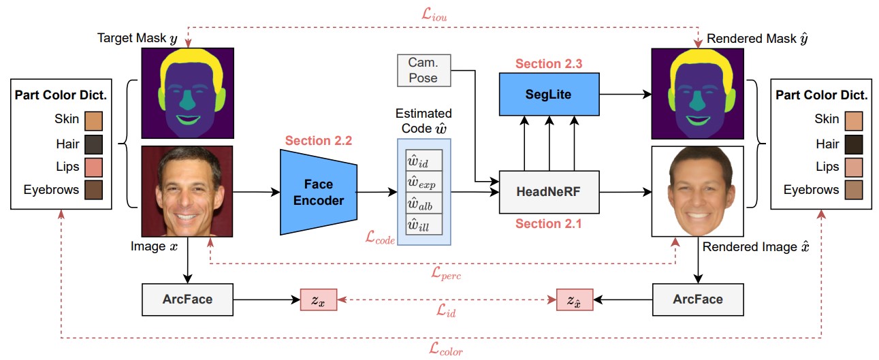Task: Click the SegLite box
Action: coord(549,94)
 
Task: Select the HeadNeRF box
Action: coord(549,192)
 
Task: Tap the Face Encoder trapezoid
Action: coord(318,192)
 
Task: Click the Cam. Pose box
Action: coord(423,70)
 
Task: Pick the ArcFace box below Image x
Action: coord(187,299)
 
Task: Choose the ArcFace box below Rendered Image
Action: coord(698,299)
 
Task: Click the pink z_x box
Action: coord(318,300)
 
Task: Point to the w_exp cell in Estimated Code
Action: coord(423,182)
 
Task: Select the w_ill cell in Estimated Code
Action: coord(423,224)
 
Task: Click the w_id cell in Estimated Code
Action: coord(423,160)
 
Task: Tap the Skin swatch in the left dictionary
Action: coord(94,120)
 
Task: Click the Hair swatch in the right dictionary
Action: coord(854,144)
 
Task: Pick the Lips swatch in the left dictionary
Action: coord(94,167)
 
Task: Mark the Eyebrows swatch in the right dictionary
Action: coord(854,190)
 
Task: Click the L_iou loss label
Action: coord(434,14)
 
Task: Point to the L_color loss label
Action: coord(446,348)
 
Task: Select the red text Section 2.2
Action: coord(318,140)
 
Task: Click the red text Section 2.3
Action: coord(549,63)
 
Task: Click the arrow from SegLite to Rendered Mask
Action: coord(626,94)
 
